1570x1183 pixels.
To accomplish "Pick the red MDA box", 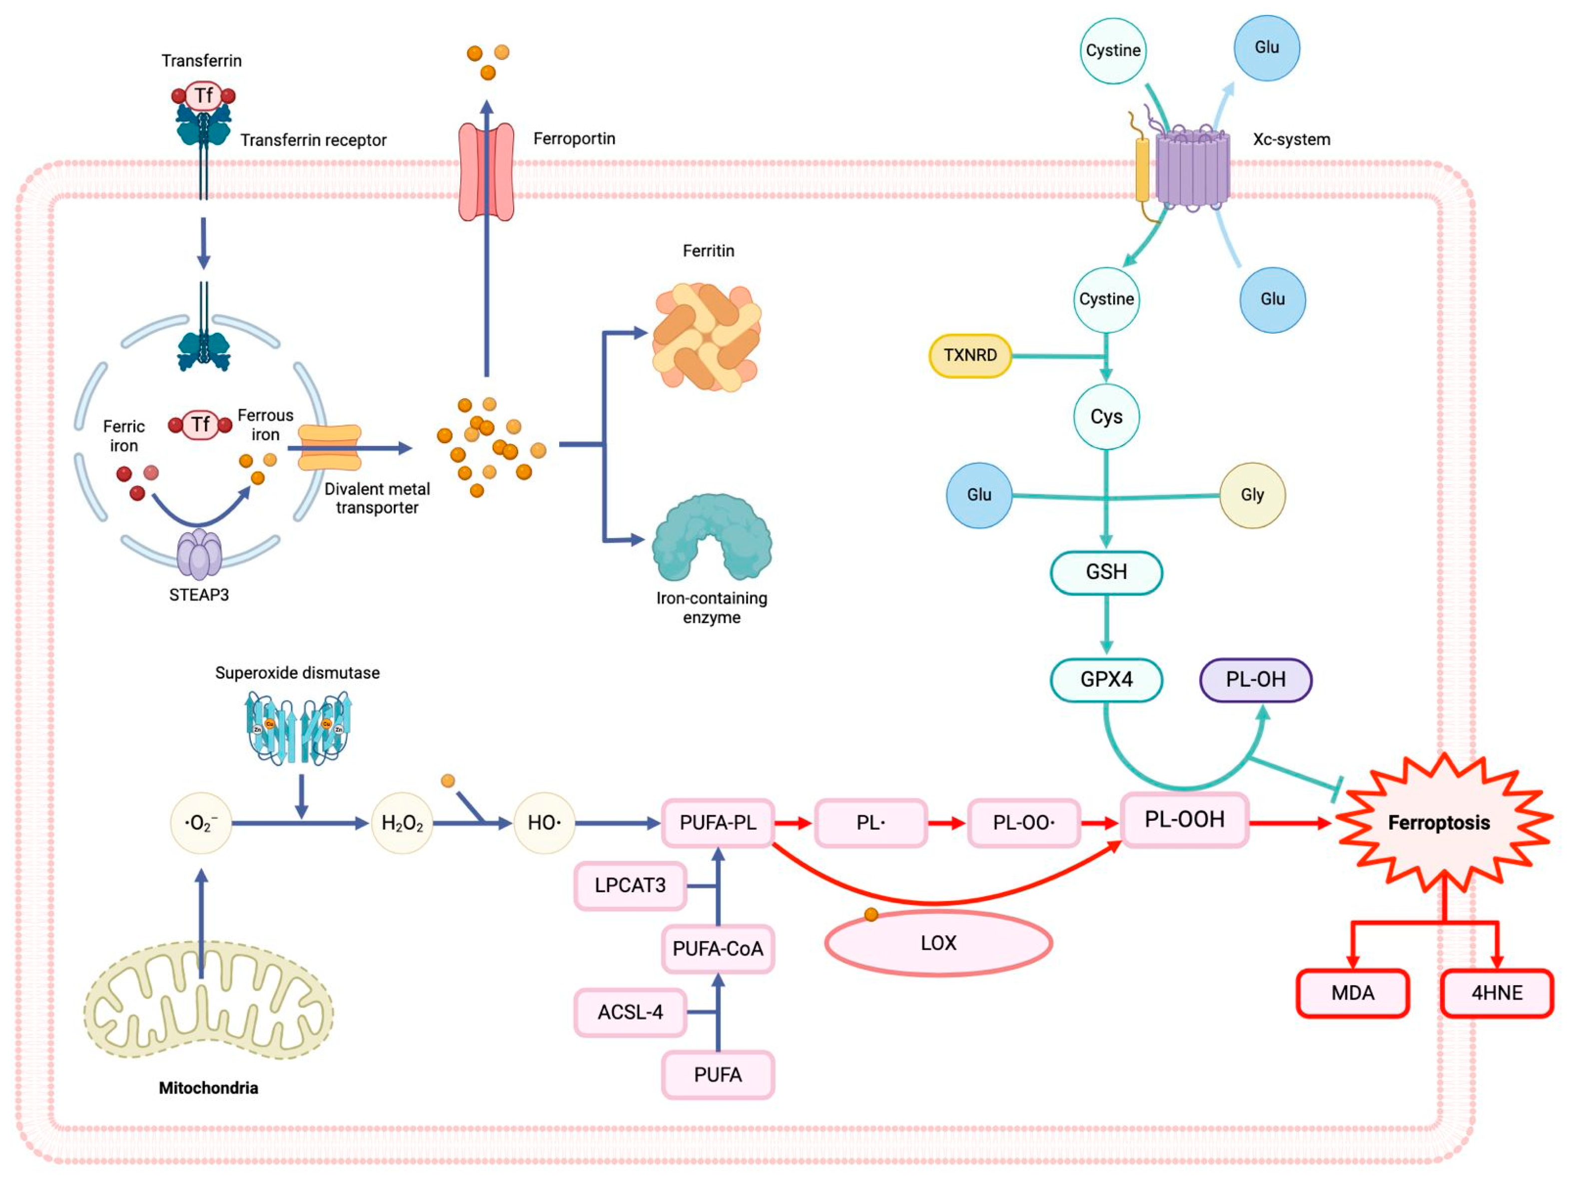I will [x=1352, y=993].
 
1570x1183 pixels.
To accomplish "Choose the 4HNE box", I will [x=1496, y=993].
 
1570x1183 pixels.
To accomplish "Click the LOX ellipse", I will [x=937, y=943].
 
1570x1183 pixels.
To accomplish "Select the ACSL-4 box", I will [x=630, y=1012].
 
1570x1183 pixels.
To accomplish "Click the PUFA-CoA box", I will [x=718, y=949].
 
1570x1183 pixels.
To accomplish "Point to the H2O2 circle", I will [x=402, y=823].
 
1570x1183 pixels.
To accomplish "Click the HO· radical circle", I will [x=544, y=823].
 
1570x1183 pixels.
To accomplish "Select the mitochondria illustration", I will [x=208, y=1001].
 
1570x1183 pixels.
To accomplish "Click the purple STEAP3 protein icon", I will [x=199, y=554].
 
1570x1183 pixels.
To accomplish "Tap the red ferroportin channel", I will [x=486, y=172].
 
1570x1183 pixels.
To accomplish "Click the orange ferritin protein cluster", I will [x=706, y=337].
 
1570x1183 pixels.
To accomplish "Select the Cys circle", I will [x=1106, y=417].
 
